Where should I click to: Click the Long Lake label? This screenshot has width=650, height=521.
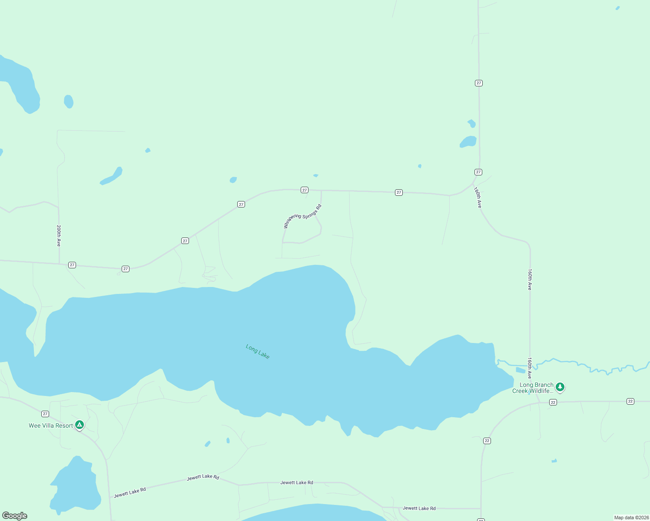pos(258,351)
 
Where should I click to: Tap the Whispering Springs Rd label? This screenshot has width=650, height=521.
pos(302,216)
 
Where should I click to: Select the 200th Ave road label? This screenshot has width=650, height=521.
pos(59,236)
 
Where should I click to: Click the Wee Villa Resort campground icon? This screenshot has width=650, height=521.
pos(79,425)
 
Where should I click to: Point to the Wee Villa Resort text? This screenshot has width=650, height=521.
pos(51,425)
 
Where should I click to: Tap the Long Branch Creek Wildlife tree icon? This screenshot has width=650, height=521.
pos(560,386)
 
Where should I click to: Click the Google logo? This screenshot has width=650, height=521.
pos(15,516)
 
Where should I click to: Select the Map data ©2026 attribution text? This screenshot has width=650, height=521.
pos(631,518)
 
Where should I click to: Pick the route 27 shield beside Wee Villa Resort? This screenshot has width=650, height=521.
pos(45,414)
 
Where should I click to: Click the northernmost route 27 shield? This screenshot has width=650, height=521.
pos(478,83)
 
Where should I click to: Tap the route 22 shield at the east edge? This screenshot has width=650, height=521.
pos(630,401)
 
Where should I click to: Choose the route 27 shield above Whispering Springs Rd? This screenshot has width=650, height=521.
pos(305,190)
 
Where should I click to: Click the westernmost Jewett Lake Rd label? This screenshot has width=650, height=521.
pos(130,493)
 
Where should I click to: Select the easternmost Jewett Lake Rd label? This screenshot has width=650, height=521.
pos(419,508)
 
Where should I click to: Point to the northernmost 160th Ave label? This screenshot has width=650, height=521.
pos(478,198)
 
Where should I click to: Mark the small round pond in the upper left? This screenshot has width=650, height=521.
pos(69,101)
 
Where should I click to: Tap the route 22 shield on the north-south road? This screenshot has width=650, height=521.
pos(487,441)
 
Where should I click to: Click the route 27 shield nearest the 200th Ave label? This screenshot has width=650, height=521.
pos(72,265)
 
